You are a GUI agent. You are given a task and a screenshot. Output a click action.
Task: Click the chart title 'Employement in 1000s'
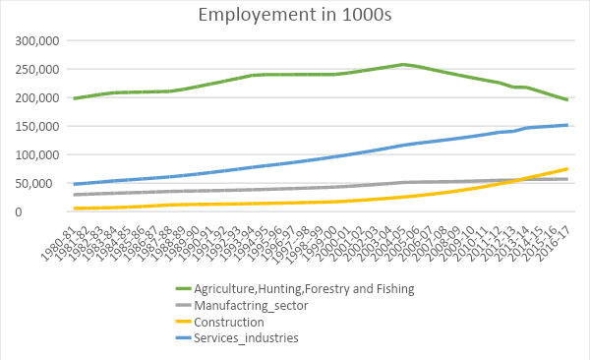click(295, 15)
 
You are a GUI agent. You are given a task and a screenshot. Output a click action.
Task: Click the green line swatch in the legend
click(178, 288)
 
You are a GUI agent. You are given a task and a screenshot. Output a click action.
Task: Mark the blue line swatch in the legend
click(178, 338)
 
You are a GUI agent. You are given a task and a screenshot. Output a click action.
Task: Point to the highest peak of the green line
click(403, 64)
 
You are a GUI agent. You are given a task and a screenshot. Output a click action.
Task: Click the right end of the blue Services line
click(567, 125)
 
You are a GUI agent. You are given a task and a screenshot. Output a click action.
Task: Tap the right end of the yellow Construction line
click(567, 168)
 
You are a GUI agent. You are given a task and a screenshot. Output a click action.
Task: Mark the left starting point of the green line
click(74, 98)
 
